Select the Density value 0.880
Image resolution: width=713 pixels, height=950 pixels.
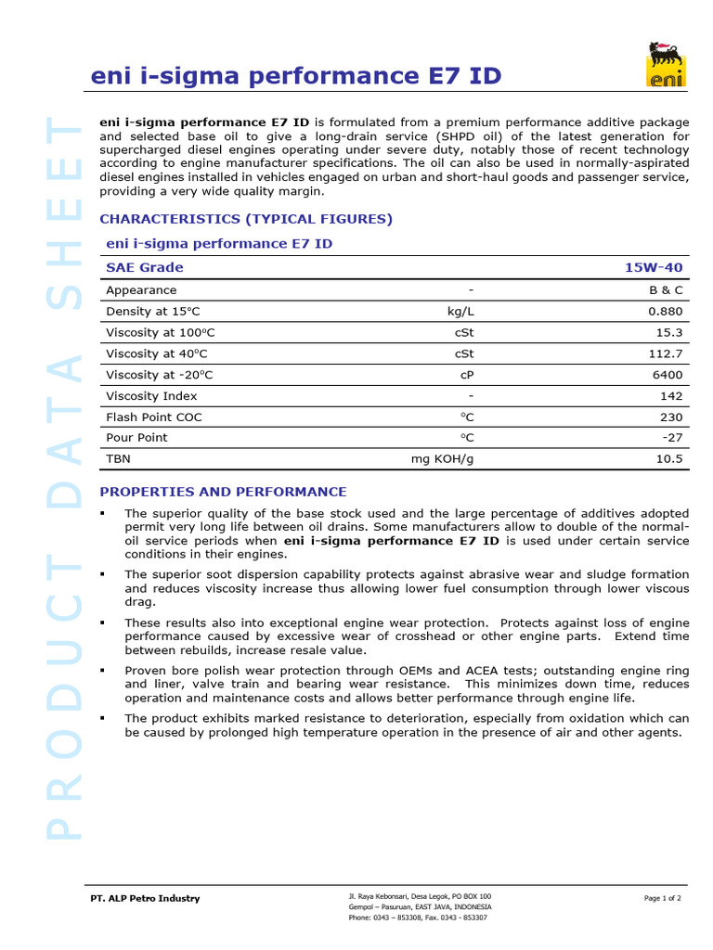[x=666, y=312]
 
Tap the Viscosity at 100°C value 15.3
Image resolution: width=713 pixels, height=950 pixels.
[x=668, y=332]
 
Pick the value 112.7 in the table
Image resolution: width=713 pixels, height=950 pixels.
[x=665, y=353]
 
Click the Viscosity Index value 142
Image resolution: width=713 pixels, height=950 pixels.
[x=671, y=396]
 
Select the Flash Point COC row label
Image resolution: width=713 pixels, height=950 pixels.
[x=154, y=417]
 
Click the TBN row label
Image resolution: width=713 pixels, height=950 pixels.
[x=119, y=458]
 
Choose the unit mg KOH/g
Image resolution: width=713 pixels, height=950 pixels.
[x=442, y=458]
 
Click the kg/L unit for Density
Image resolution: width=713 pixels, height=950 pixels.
[x=460, y=312]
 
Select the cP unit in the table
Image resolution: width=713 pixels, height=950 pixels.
[x=467, y=375]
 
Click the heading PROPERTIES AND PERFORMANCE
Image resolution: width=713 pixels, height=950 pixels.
[x=223, y=492]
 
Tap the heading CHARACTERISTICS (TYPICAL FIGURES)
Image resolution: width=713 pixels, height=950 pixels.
[x=246, y=219]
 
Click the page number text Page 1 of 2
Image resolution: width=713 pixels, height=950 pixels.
[x=662, y=898]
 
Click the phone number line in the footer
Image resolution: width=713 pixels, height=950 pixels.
[x=417, y=918]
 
